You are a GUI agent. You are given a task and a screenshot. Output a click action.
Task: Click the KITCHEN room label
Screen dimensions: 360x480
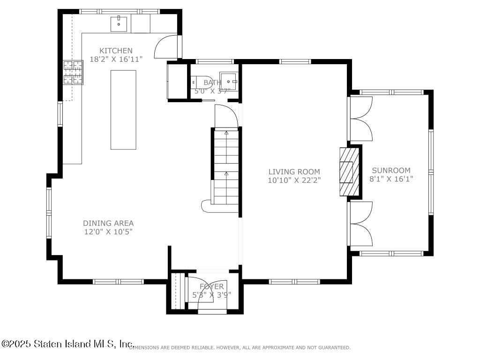[116, 51]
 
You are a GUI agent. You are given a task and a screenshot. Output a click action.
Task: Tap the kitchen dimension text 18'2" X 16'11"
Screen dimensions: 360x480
[116, 59]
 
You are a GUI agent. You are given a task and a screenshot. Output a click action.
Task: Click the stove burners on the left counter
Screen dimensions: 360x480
[73, 73]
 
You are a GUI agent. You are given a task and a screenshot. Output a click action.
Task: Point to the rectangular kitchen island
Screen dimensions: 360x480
[123, 110]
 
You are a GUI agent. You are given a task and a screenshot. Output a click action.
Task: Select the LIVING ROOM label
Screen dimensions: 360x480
[294, 172]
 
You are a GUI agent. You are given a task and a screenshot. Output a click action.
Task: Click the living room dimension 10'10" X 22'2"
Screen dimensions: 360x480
[294, 180]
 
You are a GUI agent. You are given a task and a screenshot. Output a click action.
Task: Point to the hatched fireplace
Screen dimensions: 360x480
[349, 171]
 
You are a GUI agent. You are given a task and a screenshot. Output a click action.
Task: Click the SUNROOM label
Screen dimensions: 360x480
[391, 171]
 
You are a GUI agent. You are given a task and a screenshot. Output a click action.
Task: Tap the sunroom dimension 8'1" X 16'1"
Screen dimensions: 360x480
[391, 179]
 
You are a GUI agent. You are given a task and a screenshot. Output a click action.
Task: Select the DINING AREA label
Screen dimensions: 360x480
[108, 223]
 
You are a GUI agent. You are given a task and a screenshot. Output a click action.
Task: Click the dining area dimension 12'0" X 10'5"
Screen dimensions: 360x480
[108, 232]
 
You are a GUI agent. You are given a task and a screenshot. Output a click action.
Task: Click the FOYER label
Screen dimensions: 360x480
[212, 286]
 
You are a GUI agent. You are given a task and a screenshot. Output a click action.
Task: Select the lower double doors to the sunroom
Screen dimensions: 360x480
[361, 224]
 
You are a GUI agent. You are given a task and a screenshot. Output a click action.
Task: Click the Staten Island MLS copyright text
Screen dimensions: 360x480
[68, 344]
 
